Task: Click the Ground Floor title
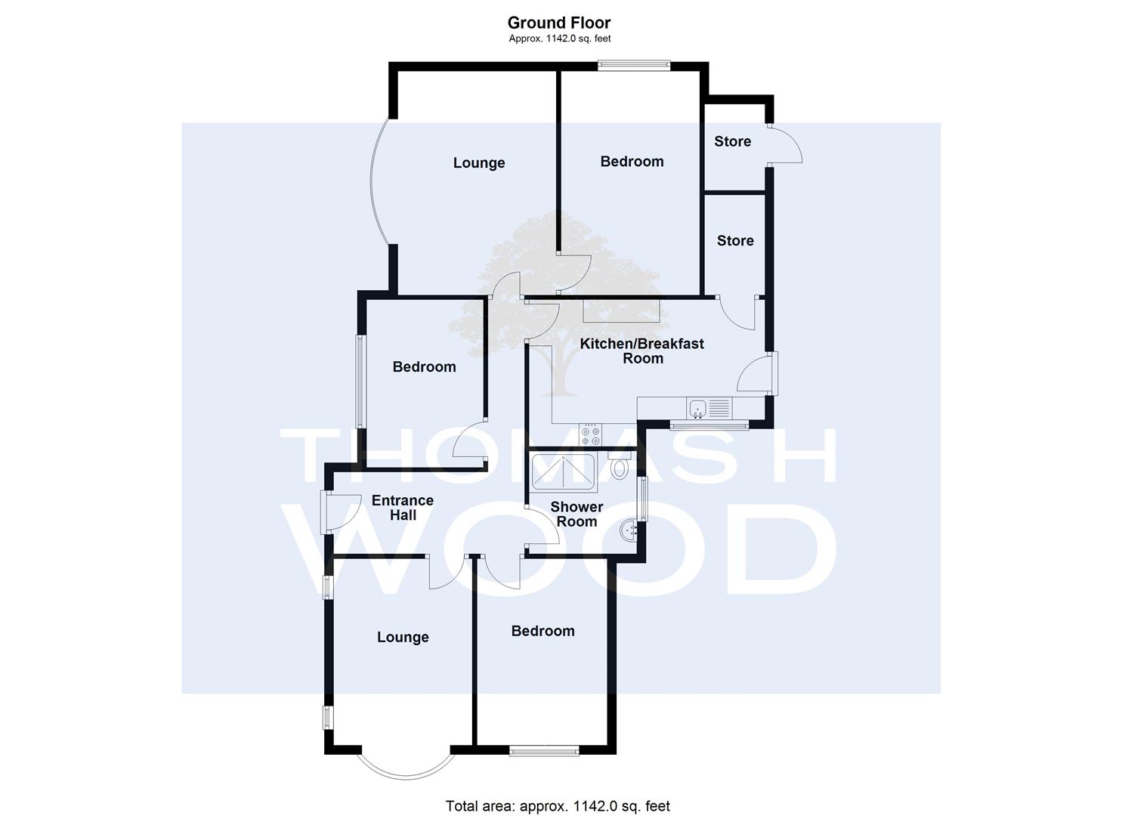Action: (x=559, y=23)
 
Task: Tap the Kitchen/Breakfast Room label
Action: (x=642, y=351)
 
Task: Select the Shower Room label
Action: (x=576, y=514)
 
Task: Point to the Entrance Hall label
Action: (x=403, y=508)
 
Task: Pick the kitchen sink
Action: (x=697, y=408)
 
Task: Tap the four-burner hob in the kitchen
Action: (x=591, y=434)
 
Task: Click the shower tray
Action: (x=564, y=471)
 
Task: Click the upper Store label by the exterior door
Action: (x=732, y=142)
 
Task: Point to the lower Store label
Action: (x=735, y=241)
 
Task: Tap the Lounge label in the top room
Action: (x=479, y=163)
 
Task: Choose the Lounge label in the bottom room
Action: (x=403, y=638)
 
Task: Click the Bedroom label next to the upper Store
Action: (x=632, y=162)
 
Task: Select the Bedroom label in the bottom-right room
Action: (x=543, y=631)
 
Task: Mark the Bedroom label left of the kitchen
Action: (x=425, y=367)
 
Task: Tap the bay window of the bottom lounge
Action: (x=406, y=777)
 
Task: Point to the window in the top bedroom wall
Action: (x=634, y=63)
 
